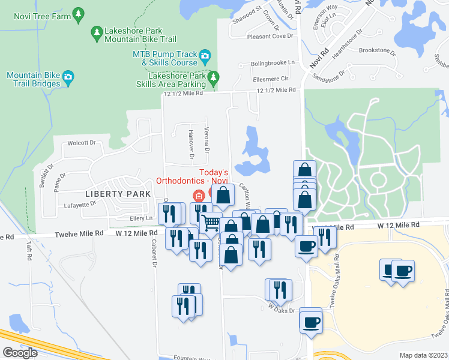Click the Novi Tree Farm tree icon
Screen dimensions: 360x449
[77, 13]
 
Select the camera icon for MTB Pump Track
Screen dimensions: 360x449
[205, 57]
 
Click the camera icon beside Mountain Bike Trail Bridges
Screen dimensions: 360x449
[68, 76]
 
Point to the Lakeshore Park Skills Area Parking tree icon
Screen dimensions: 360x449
[212, 77]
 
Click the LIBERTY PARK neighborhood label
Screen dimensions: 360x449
[118, 194]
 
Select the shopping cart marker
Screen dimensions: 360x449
[210, 223]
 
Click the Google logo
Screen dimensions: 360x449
[20, 353]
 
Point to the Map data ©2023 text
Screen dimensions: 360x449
[423, 355]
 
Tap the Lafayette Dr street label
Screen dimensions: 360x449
[80, 204]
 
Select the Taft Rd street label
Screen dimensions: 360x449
[28, 251]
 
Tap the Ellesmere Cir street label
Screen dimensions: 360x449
[271, 78]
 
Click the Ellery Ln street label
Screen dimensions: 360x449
[138, 218]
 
